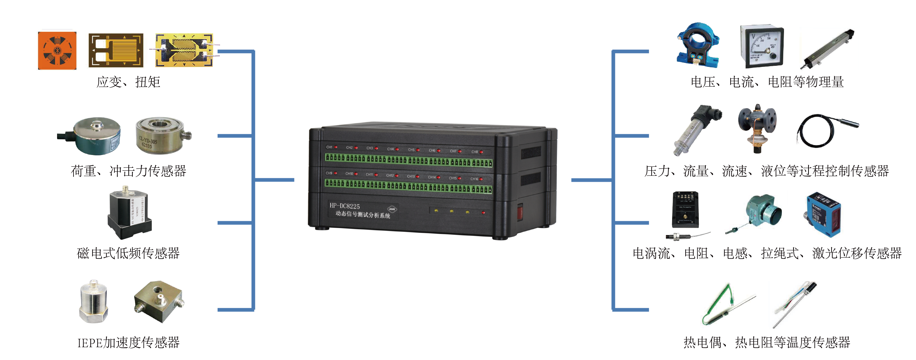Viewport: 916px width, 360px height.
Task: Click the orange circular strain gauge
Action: [57, 50]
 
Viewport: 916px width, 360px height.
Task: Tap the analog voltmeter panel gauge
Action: [762, 47]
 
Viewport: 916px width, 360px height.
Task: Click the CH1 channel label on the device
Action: [329, 147]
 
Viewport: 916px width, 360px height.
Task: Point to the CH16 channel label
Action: [474, 179]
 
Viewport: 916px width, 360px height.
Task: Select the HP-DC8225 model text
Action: [344, 206]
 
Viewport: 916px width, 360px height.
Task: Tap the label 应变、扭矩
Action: [128, 82]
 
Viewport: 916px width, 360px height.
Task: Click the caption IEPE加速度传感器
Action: [128, 342]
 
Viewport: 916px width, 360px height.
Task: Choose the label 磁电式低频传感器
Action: [128, 253]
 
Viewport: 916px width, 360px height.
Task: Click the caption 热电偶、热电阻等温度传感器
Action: [767, 342]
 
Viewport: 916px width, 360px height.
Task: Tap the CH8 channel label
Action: [475, 152]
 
